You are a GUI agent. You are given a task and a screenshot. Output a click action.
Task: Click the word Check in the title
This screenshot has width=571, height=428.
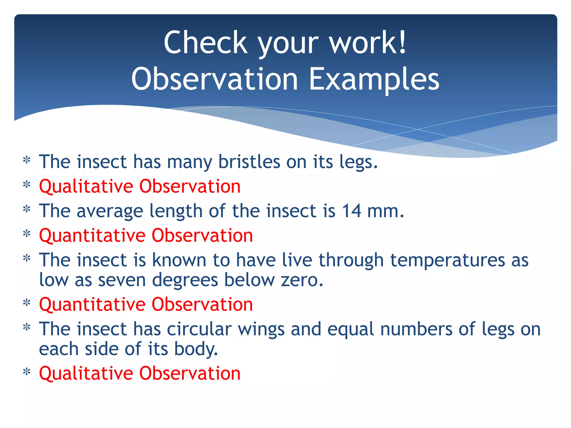[x=205, y=43]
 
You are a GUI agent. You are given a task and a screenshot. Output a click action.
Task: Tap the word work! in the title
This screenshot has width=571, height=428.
[x=368, y=43]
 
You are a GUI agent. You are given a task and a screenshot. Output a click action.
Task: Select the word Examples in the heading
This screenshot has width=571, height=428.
[x=374, y=79]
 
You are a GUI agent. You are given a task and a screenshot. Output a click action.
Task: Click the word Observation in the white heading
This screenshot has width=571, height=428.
[x=215, y=79]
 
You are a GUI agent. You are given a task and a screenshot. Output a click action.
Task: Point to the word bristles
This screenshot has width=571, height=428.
[x=249, y=162]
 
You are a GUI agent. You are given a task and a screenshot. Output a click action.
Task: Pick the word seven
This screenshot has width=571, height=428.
[x=122, y=280]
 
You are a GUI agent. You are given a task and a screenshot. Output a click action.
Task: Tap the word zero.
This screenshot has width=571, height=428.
[x=302, y=280]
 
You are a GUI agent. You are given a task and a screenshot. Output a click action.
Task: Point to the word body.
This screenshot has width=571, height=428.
[x=196, y=349]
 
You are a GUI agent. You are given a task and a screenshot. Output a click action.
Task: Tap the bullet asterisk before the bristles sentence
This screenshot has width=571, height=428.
[x=26, y=161]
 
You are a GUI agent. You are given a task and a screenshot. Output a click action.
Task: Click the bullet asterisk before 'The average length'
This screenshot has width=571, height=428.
[x=26, y=210]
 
